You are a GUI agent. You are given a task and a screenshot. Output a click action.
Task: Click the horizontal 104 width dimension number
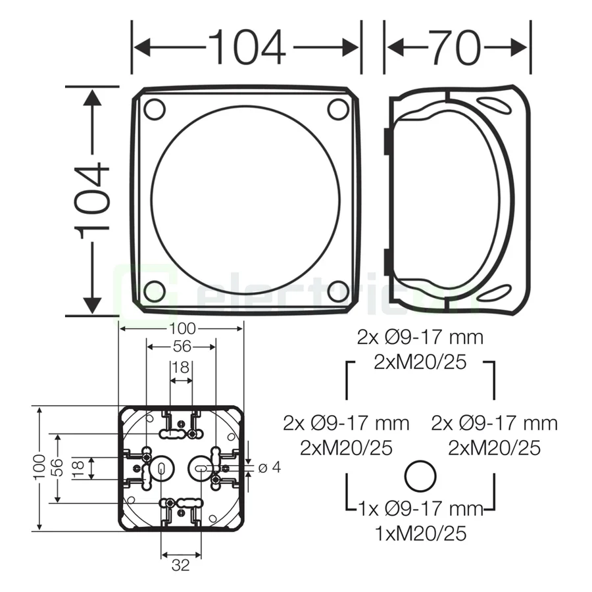coord(247,48)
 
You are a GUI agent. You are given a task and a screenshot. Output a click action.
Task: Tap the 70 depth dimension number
coord(457,48)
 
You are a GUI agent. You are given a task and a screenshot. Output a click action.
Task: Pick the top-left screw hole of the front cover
coord(154,109)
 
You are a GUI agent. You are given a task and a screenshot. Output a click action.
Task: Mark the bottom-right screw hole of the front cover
coord(338,289)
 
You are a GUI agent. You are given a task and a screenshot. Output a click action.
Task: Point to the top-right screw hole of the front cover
coord(338,109)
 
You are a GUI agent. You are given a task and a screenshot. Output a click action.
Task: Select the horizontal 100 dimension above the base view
coord(181,328)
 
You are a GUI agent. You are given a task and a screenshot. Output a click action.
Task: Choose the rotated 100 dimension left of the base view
coord(41,468)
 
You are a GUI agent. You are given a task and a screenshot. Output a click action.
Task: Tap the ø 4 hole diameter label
coord(270,468)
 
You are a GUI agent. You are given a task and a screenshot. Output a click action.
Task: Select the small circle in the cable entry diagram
coord(419,476)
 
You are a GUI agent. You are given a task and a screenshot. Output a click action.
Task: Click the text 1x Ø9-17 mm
coord(421,508)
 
